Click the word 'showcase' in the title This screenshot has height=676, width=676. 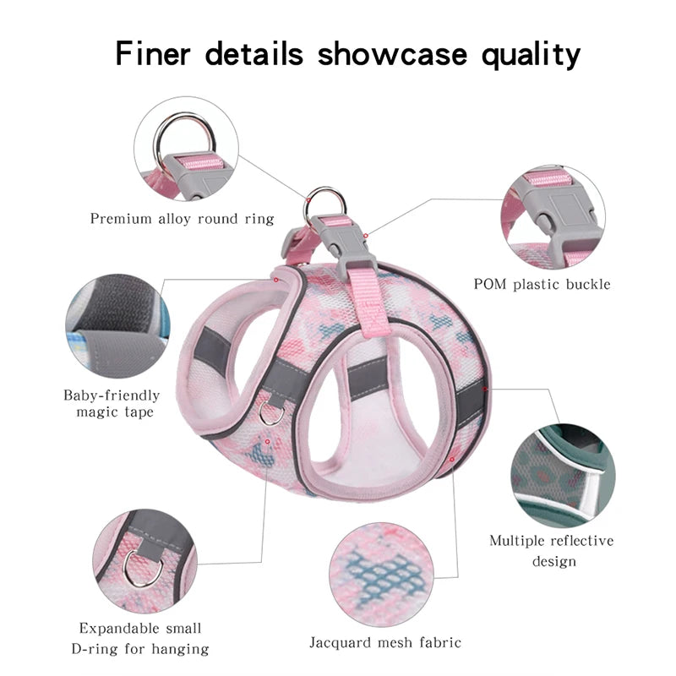pos(392,54)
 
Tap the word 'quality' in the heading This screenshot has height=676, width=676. pos(531,55)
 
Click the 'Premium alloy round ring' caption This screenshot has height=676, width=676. pos(182,219)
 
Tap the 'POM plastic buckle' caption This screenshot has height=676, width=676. pos(542,284)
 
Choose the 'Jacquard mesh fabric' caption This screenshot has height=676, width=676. pos(385,643)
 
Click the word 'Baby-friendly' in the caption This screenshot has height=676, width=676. pos(112,395)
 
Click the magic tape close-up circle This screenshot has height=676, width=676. pos(117,326)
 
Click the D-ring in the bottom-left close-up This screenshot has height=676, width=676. pos(143,569)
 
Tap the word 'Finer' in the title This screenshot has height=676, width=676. pos(153,54)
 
